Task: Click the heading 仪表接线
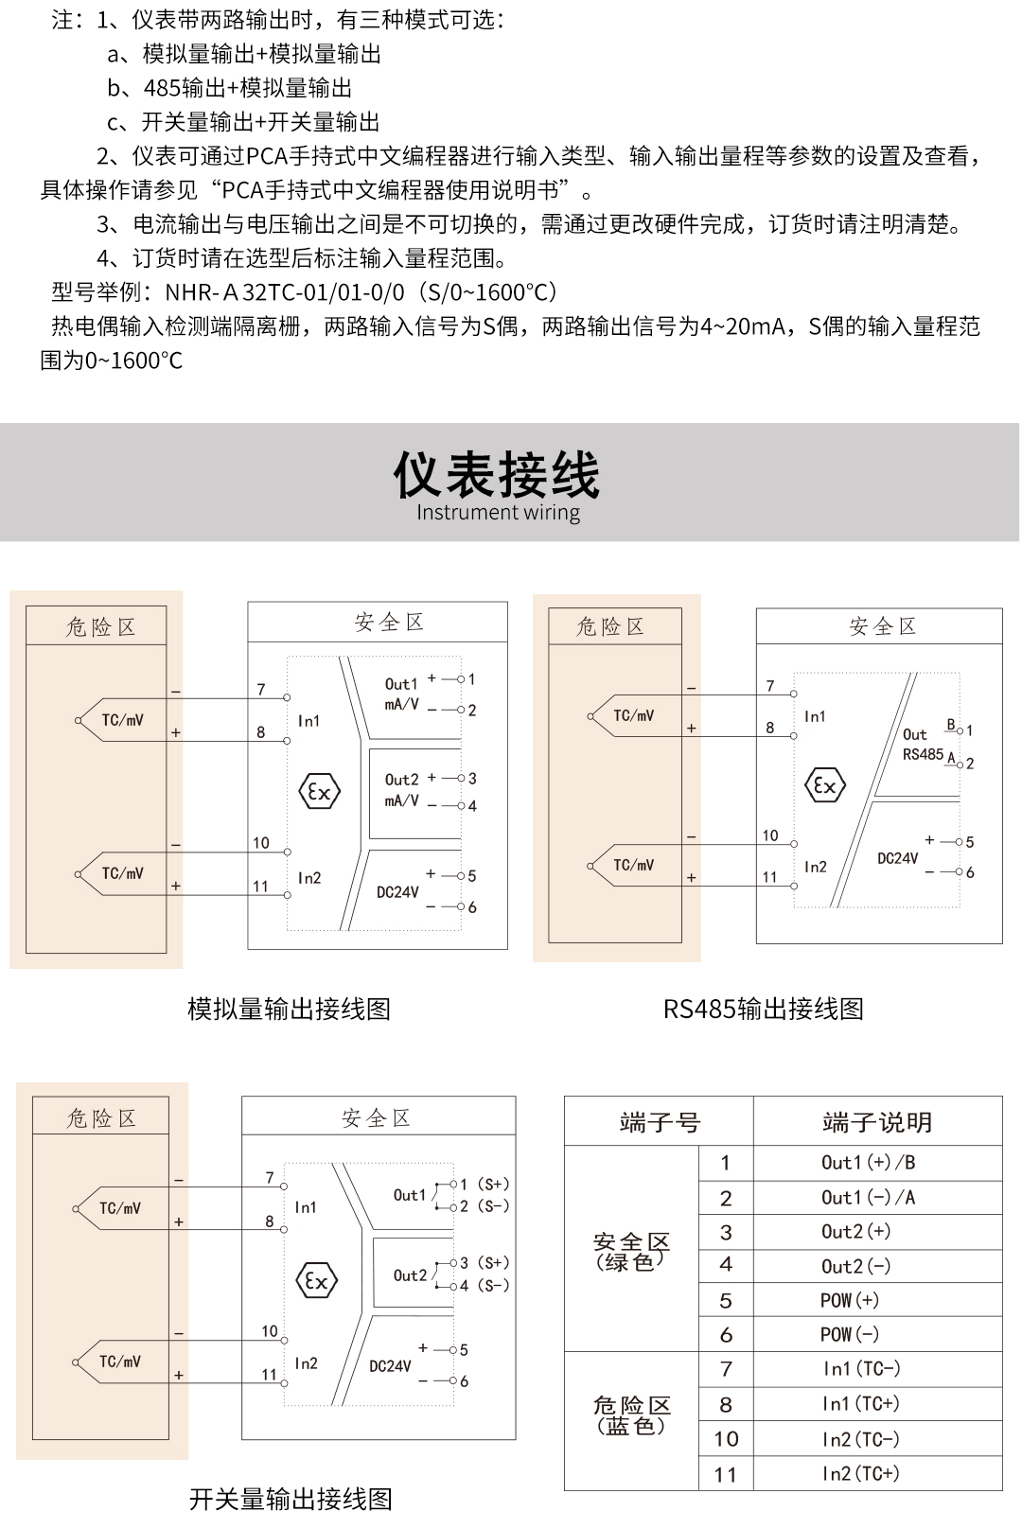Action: (x=497, y=474)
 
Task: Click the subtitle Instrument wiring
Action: (x=498, y=513)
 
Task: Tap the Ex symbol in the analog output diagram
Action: (x=320, y=792)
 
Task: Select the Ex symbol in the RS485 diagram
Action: (x=824, y=785)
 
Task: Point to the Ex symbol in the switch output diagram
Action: (x=316, y=1281)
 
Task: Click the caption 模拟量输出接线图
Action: (x=289, y=1009)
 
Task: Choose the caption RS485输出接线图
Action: (x=763, y=1009)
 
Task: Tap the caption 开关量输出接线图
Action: (x=291, y=1499)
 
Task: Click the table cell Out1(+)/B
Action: (x=868, y=1163)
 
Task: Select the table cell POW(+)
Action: (x=849, y=1300)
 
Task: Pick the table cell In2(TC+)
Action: (x=860, y=1473)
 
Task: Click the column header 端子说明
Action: (x=877, y=1122)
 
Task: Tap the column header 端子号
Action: (x=660, y=1122)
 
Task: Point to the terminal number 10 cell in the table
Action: (x=726, y=1439)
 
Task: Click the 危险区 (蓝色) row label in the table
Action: (x=631, y=1415)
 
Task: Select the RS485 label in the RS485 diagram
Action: (x=923, y=754)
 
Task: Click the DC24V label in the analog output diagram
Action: (x=397, y=892)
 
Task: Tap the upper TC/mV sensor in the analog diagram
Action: (x=122, y=720)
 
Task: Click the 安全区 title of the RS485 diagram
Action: (x=882, y=626)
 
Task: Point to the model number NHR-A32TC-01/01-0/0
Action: (x=285, y=292)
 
